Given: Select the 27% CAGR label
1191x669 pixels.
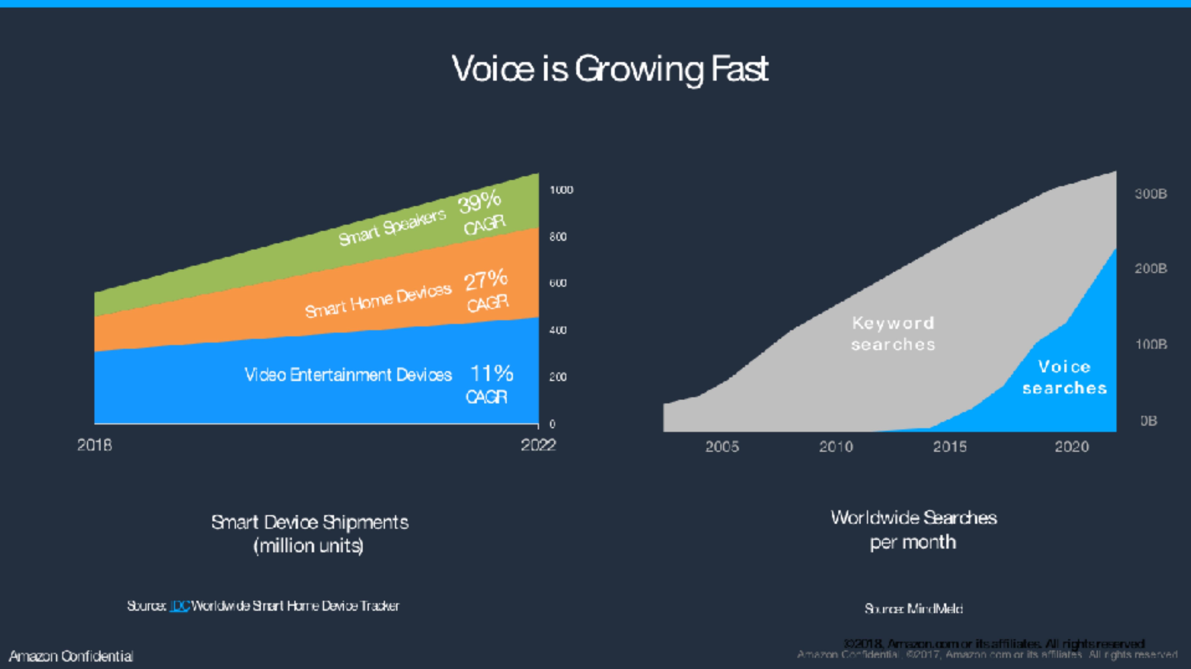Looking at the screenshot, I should point(486,291).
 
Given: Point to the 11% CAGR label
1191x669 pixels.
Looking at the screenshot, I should point(490,384).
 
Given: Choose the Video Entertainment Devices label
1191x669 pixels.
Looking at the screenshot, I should point(348,375).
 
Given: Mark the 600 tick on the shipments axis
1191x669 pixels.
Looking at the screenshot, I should point(558,283).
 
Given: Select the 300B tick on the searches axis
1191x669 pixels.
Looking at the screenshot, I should point(1150,194).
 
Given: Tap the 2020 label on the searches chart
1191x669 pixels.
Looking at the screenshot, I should point(1072,447).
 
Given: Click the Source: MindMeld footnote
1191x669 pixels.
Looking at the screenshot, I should point(913,609).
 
